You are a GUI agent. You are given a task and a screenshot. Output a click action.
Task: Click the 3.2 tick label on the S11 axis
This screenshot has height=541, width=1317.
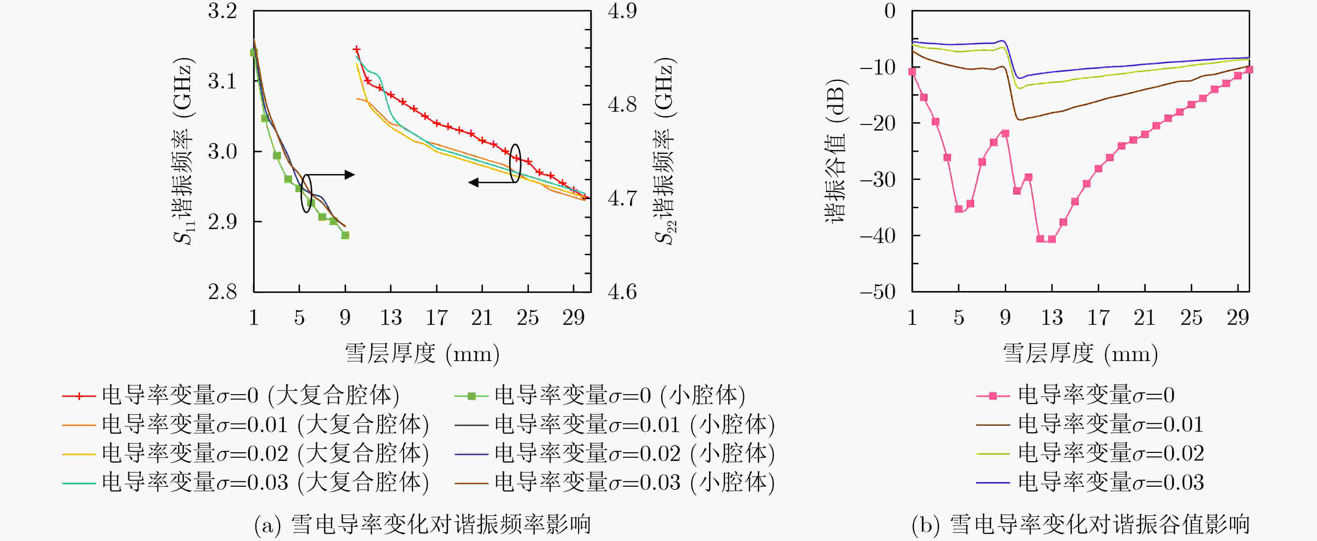(x=222, y=11)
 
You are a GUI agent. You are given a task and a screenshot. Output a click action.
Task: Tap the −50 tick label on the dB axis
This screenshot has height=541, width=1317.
(x=877, y=292)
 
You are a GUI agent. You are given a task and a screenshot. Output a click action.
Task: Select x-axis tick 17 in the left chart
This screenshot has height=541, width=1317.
(x=437, y=318)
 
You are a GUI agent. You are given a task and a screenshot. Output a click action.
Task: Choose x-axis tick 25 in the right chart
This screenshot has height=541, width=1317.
(x=1191, y=318)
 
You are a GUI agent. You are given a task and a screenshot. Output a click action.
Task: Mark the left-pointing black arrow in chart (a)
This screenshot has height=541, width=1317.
(x=474, y=182)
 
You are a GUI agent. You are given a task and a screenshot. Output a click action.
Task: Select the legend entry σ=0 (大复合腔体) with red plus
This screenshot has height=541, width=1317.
(x=230, y=395)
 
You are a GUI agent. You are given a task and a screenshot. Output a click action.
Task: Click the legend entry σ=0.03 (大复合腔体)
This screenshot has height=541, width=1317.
(x=245, y=482)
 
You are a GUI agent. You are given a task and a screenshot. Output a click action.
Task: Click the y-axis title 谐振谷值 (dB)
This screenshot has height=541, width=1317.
(x=835, y=151)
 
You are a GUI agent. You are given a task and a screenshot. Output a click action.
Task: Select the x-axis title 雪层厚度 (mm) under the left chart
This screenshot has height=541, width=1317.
(x=422, y=353)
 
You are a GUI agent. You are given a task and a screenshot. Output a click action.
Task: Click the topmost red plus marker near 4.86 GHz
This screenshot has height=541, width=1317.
(x=357, y=49)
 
